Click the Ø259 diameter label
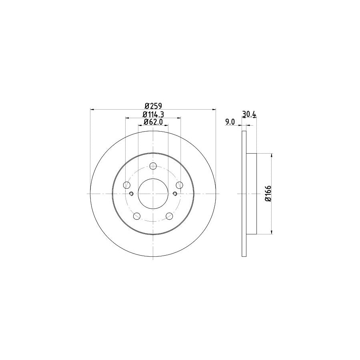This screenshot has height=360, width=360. [x=153, y=106]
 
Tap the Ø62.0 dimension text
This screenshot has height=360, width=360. [x=154, y=122]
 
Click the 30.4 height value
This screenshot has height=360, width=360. [x=249, y=114]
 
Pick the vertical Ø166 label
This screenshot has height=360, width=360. [x=268, y=194]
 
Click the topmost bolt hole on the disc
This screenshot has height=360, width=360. [x=153, y=166]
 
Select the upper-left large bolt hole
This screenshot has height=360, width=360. [x=127, y=185]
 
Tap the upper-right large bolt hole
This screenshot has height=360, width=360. [x=180, y=185]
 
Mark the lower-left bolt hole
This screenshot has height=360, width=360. [x=136, y=216]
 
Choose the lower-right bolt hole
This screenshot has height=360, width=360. [x=169, y=216]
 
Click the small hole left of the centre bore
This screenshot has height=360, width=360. [x=131, y=194]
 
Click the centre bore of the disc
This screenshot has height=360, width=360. [x=153, y=193]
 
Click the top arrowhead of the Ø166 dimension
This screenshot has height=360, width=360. [x=272, y=156]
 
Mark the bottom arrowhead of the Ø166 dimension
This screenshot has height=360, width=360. [x=272, y=232]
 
